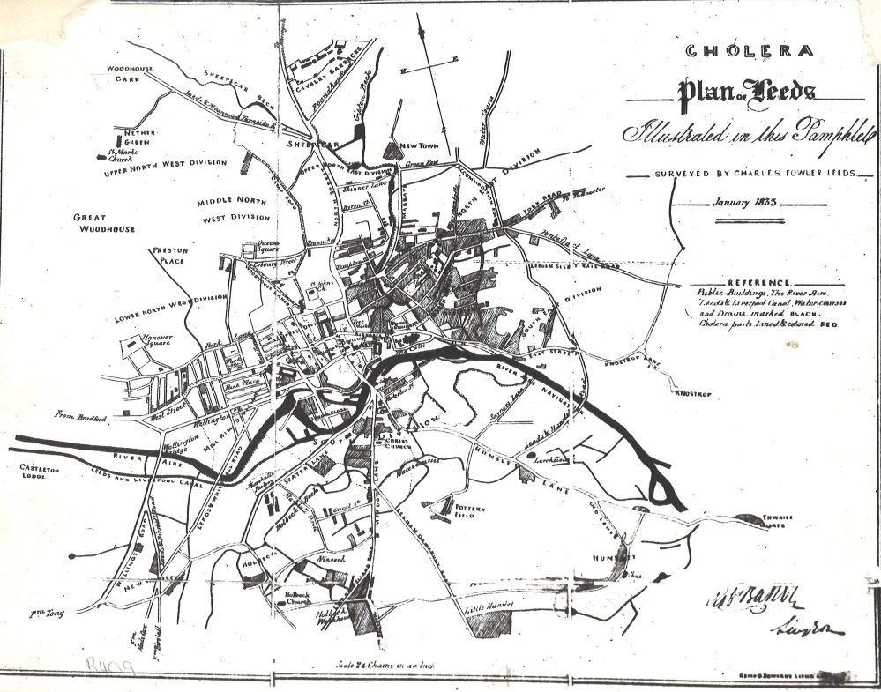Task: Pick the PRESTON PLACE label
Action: coord(171,257)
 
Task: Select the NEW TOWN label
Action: coord(419,145)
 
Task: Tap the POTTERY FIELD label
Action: coord(465,512)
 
